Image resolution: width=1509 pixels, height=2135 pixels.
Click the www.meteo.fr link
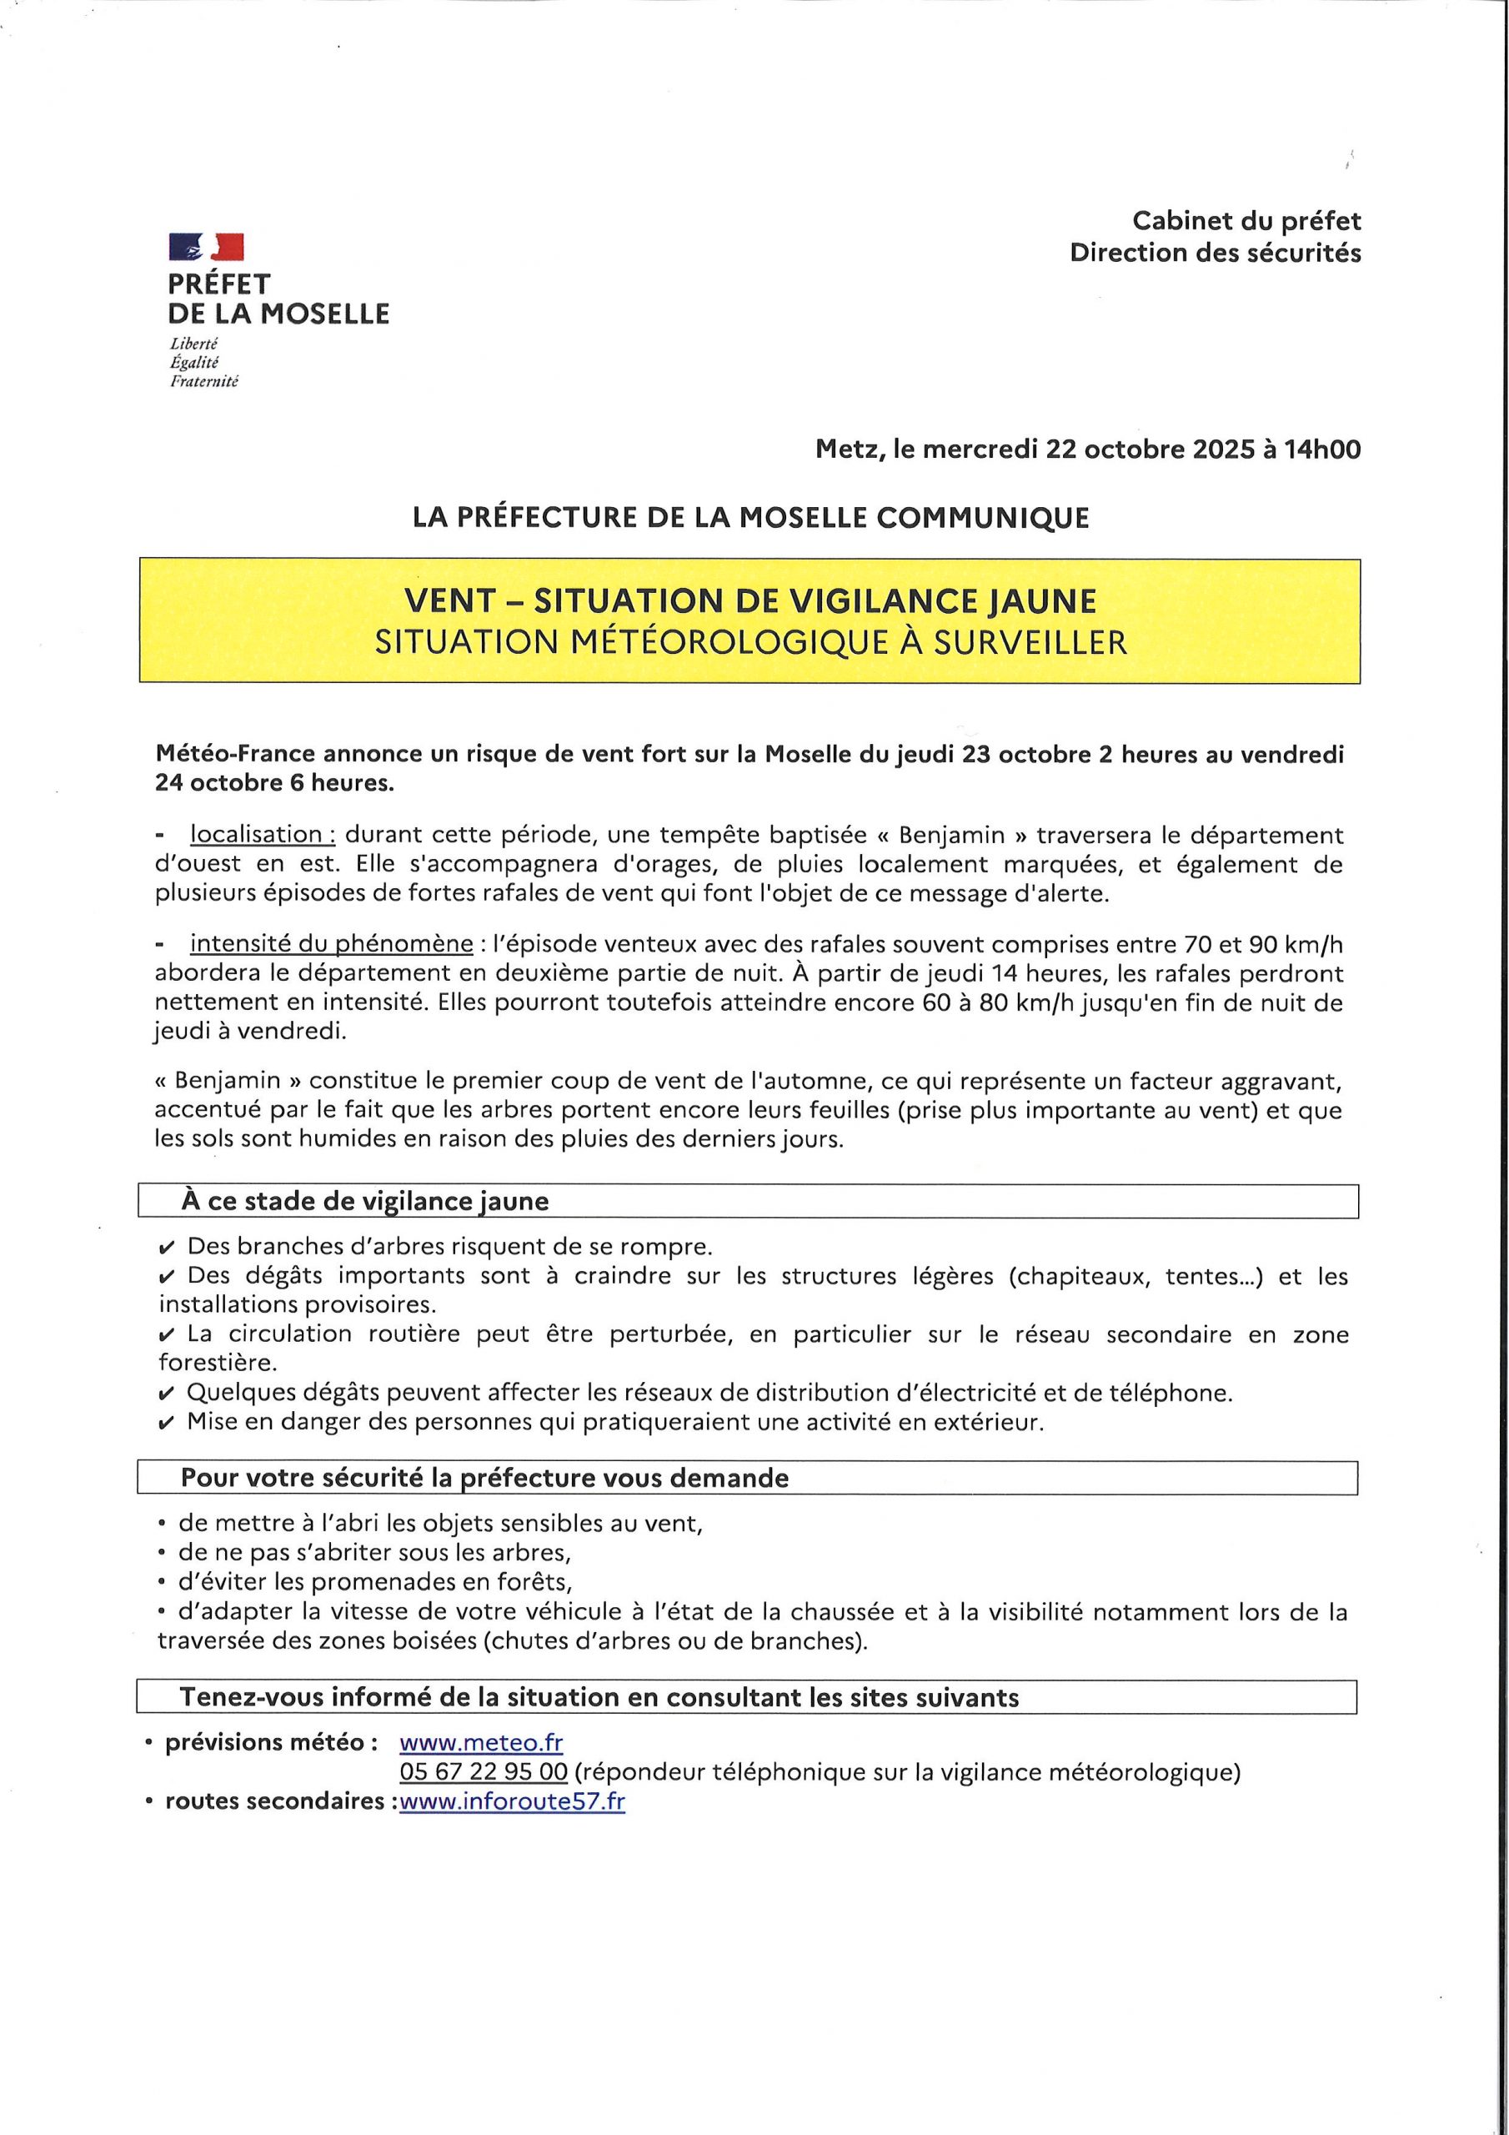(x=481, y=1741)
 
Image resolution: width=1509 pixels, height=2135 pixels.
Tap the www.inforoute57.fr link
(x=512, y=1801)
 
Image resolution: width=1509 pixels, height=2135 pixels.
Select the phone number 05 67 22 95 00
(x=484, y=1771)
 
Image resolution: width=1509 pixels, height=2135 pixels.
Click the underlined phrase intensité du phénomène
(x=332, y=944)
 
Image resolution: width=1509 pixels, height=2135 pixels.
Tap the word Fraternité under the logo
(x=203, y=381)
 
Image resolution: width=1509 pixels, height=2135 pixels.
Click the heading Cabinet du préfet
(x=1246, y=221)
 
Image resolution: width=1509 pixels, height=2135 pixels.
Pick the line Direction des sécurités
(x=1216, y=253)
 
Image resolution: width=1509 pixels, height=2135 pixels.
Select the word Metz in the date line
(x=848, y=450)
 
